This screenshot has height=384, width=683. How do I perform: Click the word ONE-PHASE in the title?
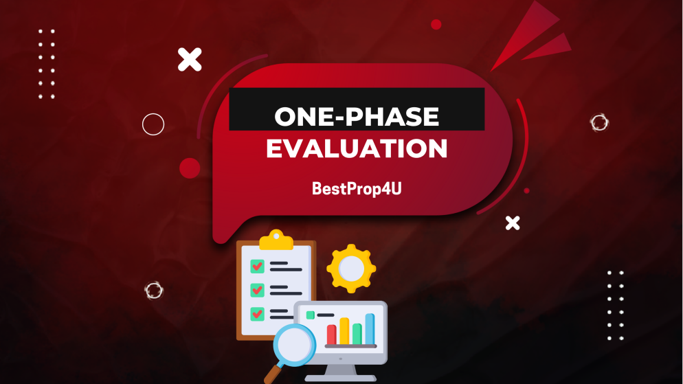point(357,116)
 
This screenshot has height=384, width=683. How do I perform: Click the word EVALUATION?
point(357,148)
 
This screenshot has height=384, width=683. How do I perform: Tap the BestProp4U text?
point(357,188)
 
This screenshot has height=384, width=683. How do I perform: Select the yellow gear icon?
point(351,269)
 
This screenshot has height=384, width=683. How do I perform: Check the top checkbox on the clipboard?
point(258,266)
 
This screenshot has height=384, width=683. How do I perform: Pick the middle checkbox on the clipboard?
point(258,290)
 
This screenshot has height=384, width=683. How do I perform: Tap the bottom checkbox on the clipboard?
point(258,313)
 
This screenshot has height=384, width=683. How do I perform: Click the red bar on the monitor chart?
point(331,335)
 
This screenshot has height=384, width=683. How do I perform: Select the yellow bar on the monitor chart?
point(344,330)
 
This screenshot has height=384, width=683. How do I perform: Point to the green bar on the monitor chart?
point(357,334)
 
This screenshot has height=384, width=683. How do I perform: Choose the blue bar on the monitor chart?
point(370,328)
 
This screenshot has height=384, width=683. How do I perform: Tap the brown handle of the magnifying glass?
point(271,375)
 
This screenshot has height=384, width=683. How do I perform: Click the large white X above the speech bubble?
point(190,60)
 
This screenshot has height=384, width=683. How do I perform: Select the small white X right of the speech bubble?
point(513,223)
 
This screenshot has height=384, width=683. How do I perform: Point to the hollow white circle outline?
point(153,124)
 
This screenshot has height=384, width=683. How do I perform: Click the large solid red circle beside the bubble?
point(190,168)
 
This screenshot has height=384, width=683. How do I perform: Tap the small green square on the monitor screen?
point(311,315)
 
